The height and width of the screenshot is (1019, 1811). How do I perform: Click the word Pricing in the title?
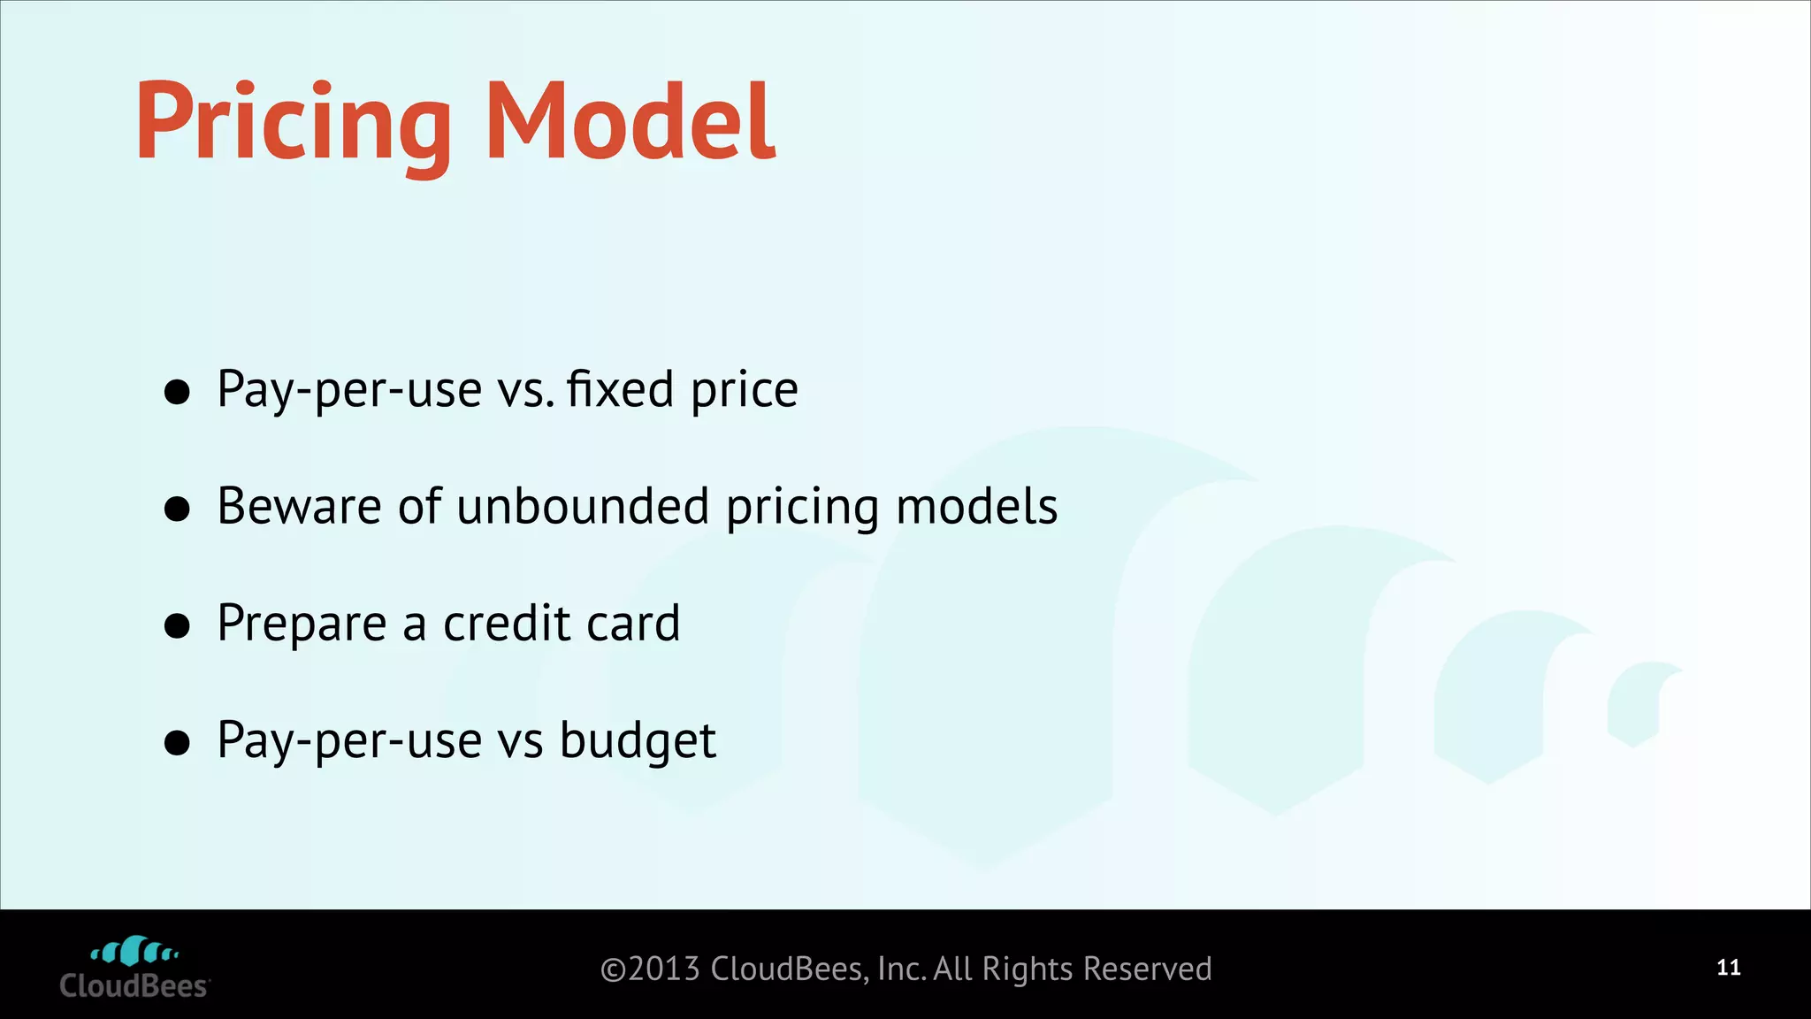point(292,124)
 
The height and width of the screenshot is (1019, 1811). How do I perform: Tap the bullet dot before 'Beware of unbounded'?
point(178,509)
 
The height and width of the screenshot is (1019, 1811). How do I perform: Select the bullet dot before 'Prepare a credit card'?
point(178,625)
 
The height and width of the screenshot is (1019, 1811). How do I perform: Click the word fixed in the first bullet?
point(621,389)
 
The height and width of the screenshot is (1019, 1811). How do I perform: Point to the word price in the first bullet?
point(745,391)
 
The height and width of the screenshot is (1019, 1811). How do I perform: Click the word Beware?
point(299,506)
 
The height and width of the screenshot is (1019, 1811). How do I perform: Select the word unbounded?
point(583,506)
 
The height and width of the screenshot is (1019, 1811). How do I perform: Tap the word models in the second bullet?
point(976,506)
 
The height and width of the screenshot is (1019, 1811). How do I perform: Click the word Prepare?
point(302,624)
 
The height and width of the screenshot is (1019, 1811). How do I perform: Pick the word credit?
point(506,623)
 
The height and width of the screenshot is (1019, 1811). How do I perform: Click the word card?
point(633,623)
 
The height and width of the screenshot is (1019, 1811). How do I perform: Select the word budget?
point(638,741)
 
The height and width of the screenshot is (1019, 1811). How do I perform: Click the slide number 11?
point(1729,968)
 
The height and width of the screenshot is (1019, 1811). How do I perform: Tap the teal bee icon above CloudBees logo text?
point(134,952)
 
